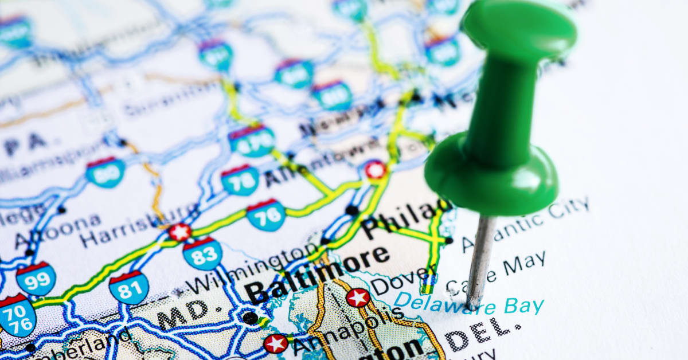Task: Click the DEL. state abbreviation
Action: [x=484, y=335]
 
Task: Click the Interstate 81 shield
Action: [x=128, y=287]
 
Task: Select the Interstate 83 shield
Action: [x=202, y=254]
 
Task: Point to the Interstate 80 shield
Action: [x=105, y=172]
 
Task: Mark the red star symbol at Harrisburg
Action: [x=180, y=232]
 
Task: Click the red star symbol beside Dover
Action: [x=358, y=298]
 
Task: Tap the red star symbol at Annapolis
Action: [x=276, y=343]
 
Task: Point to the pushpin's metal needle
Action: [x=478, y=258]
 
